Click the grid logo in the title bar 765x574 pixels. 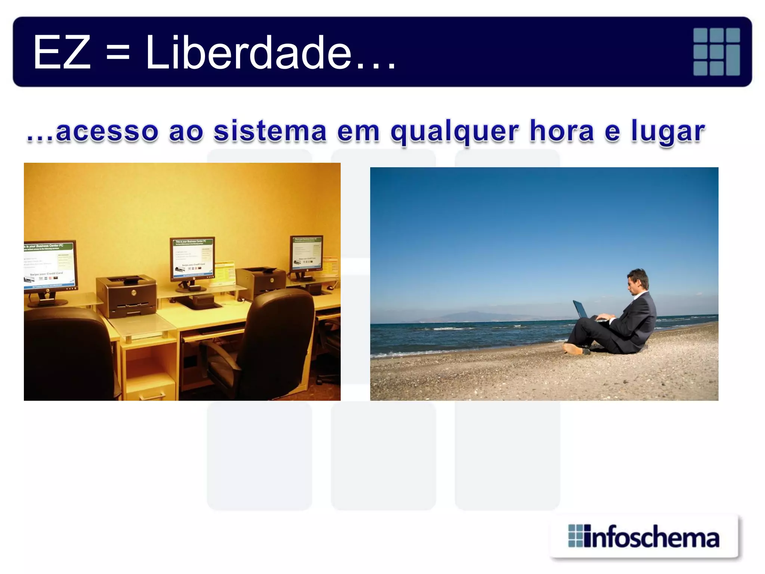(x=716, y=52)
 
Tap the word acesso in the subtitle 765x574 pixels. (x=107, y=132)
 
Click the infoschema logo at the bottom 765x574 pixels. (x=644, y=537)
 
